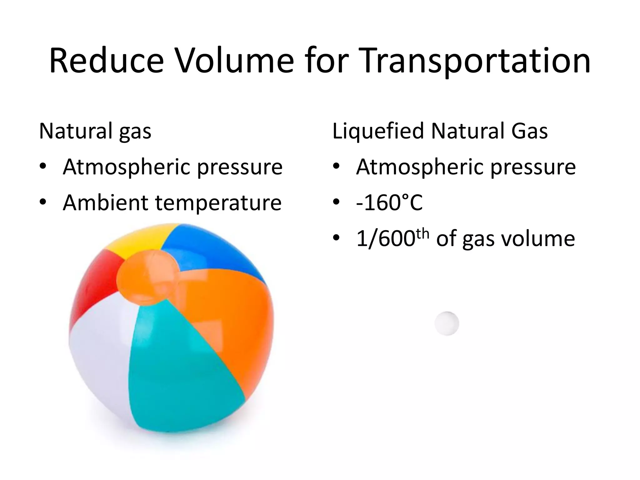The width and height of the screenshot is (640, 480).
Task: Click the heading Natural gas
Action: (x=95, y=131)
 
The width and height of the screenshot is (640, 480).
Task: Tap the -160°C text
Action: (x=389, y=203)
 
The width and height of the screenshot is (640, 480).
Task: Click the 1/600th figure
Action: (x=392, y=238)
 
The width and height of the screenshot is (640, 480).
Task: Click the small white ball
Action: (x=447, y=323)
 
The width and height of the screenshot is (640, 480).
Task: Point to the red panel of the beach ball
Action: (x=94, y=281)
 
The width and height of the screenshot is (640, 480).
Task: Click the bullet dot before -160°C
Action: (x=336, y=202)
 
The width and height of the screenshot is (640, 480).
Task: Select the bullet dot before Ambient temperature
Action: (x=43, y=202)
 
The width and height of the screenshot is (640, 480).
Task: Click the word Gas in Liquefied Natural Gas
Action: (x=529, y=131)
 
